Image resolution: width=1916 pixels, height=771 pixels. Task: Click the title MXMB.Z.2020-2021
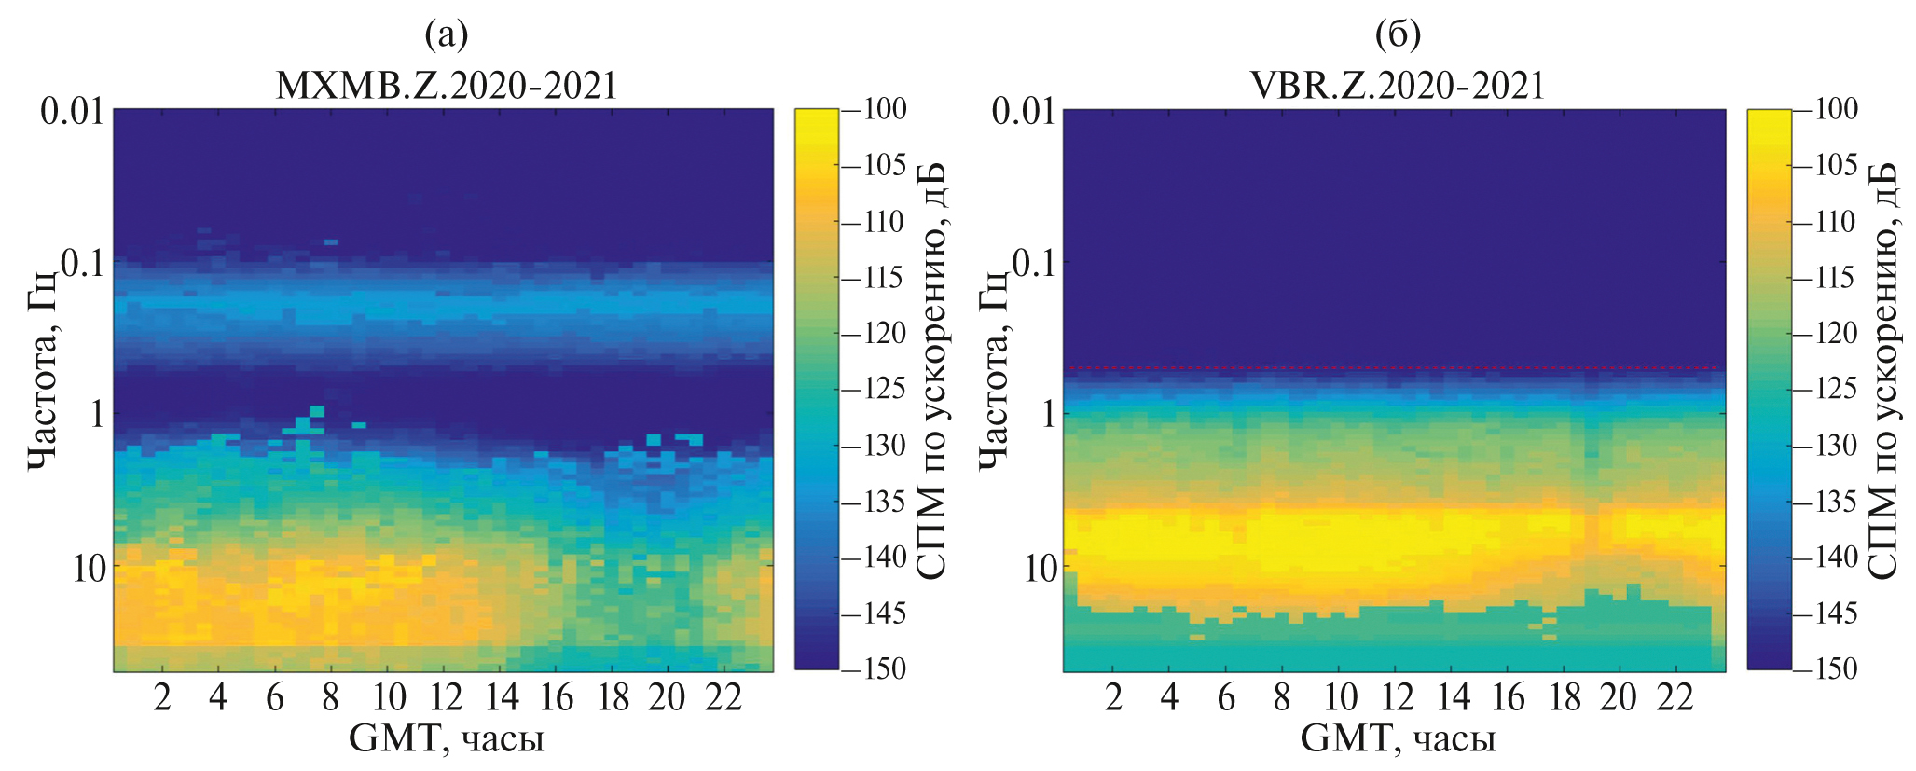(x=447, y=86)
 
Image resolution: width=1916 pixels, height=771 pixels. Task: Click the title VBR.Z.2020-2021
(x=1397, y=86)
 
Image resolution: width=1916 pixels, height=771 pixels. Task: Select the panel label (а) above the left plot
(x=446, y=35)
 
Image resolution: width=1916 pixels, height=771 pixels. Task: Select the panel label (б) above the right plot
(x=1398, y=35)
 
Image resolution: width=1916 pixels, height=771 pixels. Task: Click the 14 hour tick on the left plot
(x=502, y=697)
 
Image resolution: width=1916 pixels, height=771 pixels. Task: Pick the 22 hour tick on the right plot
(x=1675, y=697)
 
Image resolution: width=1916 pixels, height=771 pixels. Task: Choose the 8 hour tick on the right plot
(x=1282, y=697)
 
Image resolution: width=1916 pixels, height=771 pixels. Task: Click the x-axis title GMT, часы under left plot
(x=446, y=739)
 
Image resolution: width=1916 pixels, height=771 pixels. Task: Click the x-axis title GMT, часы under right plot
(x=1398, y=739)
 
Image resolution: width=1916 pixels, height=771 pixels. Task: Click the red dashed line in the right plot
(x=1394, y=368)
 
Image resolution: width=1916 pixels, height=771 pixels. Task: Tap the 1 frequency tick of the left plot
(x=97, y=413)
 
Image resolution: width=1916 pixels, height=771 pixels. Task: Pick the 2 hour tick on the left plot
(x=162, y=697)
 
